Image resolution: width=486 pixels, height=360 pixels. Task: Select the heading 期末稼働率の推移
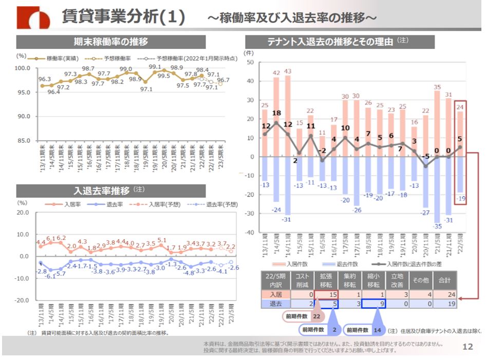tap(111, 42)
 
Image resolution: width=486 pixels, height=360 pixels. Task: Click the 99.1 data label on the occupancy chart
tap(155, 67)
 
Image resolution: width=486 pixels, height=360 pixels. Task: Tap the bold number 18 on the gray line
tap(276, 113)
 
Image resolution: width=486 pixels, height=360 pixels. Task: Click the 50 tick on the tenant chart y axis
tap(251, 62)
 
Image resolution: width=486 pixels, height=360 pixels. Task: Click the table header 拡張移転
tap(326, 280)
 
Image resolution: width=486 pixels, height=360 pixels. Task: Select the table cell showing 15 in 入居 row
tap(326, 294)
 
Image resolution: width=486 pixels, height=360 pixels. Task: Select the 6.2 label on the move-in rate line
tap(61, 238)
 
